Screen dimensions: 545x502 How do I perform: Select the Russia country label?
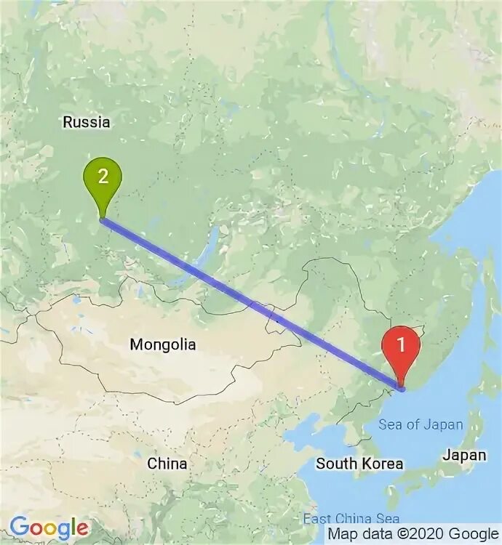pos(87,122)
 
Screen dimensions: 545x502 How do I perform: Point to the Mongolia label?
pos(162,344)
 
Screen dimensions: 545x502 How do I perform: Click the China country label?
pos(167,463)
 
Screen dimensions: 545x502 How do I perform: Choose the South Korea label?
pos(359,463)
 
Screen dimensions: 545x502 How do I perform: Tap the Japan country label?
pos(466,456)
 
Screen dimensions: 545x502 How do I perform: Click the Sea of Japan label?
pos(421,424)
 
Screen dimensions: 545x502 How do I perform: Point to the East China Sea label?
pos(351,519)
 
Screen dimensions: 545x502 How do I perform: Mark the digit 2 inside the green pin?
pos(103,176)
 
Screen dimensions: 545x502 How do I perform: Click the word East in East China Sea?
pos(318,519)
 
